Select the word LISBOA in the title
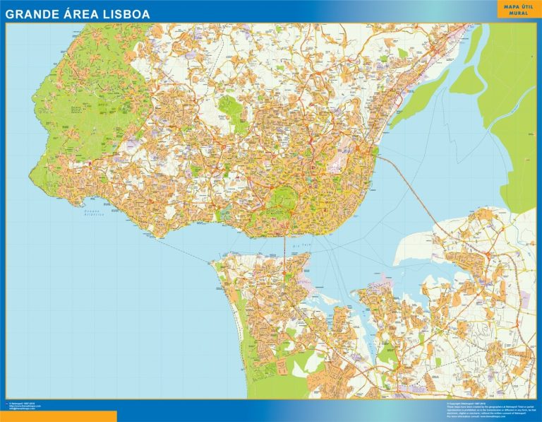pos(128,12)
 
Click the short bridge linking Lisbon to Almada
pos(285,244)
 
